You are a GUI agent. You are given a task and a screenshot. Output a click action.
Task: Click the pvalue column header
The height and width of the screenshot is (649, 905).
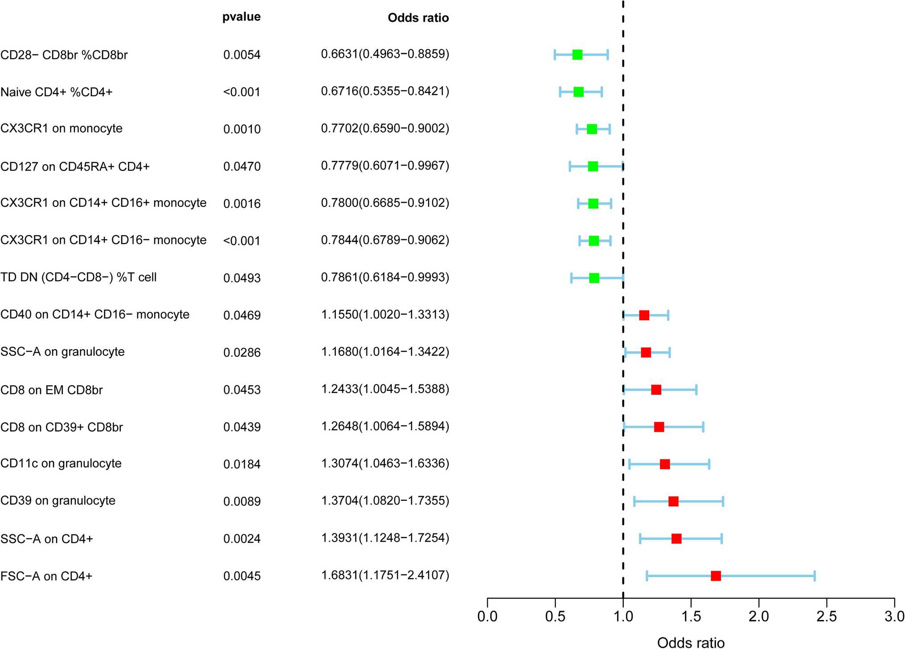pyautogui.click(x=241, y=17)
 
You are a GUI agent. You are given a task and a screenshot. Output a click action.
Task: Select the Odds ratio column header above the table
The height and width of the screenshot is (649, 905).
pyautogui.click(x=418, y=18)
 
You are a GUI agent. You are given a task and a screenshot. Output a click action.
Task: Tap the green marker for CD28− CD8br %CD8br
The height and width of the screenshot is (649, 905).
pyautogui.click(x=577, y=55)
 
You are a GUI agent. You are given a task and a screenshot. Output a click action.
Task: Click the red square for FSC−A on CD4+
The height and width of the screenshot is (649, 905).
pyautogui.click(x=716, y=576)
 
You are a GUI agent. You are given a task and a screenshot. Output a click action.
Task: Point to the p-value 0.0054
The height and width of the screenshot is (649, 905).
pyautogui.click(x=242, y=55)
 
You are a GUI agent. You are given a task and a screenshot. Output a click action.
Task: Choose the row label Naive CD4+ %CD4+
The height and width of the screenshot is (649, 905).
pyautogui.click(x=57, y=92)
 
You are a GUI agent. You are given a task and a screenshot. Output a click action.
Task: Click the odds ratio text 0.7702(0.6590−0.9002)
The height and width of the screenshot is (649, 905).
pyautogui.click(x=385, y=128)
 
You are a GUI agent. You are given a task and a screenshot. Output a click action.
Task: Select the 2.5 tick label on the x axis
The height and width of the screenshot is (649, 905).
pyautogui.click(x=827, y=616)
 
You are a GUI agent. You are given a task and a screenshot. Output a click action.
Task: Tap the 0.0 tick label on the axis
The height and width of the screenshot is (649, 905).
pyautogui.click(x=487, y=616)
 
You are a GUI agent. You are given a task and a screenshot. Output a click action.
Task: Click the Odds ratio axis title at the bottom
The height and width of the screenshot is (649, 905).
pyautogui.click(x=691, y=642)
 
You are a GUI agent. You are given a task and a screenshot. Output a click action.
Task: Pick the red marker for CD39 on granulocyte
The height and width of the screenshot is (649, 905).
pyautogui.click(x=673, y=501)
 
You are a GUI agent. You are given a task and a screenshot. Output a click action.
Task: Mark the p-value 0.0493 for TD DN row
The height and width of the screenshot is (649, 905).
pyautogui.click(x=242, y=278)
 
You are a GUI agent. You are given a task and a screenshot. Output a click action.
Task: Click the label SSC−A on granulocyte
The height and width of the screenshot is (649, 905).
pyautogui.click(x=62, y=352)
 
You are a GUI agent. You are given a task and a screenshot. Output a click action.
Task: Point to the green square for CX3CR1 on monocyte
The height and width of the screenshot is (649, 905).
pyautogui.click(x=592, y=129)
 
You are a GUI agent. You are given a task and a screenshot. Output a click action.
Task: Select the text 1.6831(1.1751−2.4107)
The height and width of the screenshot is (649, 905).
pyautogui.click(x=385, y=575)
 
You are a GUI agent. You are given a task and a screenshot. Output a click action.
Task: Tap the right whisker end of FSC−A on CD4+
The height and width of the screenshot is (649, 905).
pyautogui.click(x=814, y=576)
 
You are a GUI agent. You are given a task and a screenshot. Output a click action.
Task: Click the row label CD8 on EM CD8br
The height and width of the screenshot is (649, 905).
pyautogui.click(x=51, y=390)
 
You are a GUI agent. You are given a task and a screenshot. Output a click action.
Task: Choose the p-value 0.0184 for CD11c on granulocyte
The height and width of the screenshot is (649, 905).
pyautogui.click(x=242, y=464)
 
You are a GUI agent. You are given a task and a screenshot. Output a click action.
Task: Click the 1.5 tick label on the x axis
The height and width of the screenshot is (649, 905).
pyautogui.click(x=691, y=616)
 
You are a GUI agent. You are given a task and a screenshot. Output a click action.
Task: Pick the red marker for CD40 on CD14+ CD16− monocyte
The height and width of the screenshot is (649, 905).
pyautogui.click(x=644, y=315)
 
